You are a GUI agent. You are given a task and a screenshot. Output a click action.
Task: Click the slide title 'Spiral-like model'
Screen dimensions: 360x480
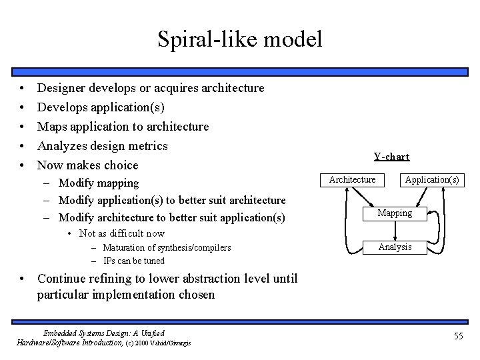[x=240, y=39]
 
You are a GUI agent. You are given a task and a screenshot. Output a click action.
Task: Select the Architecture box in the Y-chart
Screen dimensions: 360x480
[x=353, y=179]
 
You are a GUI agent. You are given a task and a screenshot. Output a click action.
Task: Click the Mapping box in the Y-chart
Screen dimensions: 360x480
[x=395, y=213]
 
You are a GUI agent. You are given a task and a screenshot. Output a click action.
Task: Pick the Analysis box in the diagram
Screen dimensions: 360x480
[x=395, y=247]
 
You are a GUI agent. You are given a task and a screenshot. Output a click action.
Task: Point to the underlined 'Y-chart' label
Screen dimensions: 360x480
[x=391, y=157]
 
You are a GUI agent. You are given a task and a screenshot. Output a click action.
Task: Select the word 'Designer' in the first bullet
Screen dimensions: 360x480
[x=61, y=88]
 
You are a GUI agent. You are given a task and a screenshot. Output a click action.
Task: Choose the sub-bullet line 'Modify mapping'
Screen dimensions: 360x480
[x=99, y=183]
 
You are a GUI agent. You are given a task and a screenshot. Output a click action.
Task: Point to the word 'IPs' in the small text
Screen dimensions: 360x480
[x=110, y=261]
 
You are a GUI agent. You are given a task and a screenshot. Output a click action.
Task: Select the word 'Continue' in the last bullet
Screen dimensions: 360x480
[x=62, y=279]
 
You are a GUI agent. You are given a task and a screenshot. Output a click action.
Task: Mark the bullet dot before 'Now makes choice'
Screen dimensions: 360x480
[x=23, y=165]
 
